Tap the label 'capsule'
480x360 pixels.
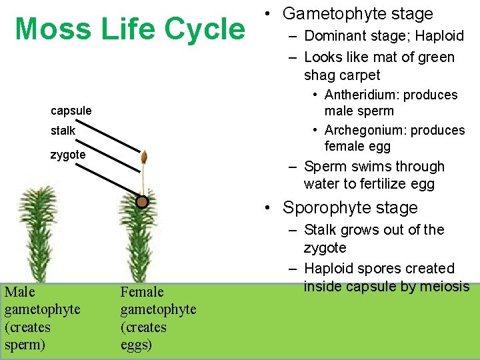(71, 110)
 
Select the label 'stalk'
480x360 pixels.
(63, 131)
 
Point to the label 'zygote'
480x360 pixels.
(68, 155)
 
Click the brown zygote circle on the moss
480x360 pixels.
(141, 201)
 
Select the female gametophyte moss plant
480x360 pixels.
(141, 240)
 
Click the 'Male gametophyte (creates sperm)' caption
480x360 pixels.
(42, 318)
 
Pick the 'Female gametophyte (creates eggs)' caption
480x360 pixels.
(158, 318)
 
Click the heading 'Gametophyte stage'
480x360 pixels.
(357, 13)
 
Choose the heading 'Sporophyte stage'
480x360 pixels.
(350, 207)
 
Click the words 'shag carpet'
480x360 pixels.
(342, 75)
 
